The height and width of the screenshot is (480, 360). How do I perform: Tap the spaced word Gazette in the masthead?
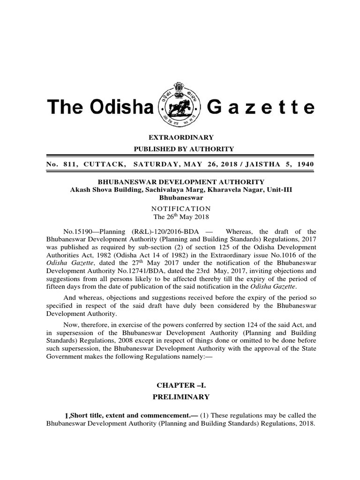[x=260, y=108]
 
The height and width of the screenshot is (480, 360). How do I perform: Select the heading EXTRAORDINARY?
[x=181, y=137]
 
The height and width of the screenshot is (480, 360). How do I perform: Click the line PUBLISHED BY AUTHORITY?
[x=181, y=149]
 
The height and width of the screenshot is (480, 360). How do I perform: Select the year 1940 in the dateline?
[x=303, y=164]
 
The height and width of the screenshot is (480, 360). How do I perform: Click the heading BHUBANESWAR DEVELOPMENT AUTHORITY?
[x=181, y=182]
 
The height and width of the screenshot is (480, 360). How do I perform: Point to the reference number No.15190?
[x=77, y=232]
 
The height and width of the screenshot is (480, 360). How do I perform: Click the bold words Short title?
[x=87, y=415]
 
